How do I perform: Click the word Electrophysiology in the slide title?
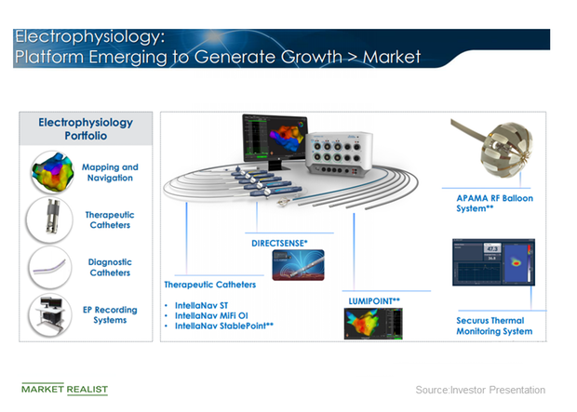(89, 38)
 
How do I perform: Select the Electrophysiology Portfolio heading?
(85, 129)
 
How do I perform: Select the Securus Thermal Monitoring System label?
(493, 326)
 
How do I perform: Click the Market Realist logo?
(64, 389)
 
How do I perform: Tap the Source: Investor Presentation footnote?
(480, 390)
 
